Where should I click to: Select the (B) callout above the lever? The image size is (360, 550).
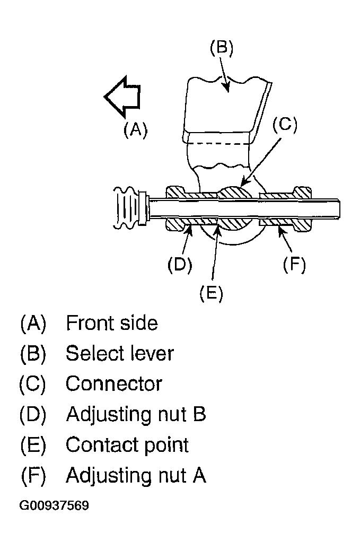click(x=222, y=47)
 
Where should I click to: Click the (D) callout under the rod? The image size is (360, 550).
click(x=180, y=264)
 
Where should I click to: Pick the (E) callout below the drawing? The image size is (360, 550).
click(x=211, y=293)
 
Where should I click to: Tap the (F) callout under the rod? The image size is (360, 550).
click(x=294, y=264)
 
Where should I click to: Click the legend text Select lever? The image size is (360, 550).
click(x=120, y=353)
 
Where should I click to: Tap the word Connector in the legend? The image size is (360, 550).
click(x=113, y=383)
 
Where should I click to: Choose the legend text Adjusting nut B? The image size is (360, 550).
click(x=136, y=414)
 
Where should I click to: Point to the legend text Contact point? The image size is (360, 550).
click(x=127, y=445)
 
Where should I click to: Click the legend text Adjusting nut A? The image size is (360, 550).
click(x=136, y=475)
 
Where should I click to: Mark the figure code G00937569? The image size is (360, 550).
click(x=54, y=505)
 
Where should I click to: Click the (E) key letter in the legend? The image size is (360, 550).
click(x=33, y=445)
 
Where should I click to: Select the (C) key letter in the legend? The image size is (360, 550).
click(x=33, y=383)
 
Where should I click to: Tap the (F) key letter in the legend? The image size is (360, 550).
click(x=33, y=475)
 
